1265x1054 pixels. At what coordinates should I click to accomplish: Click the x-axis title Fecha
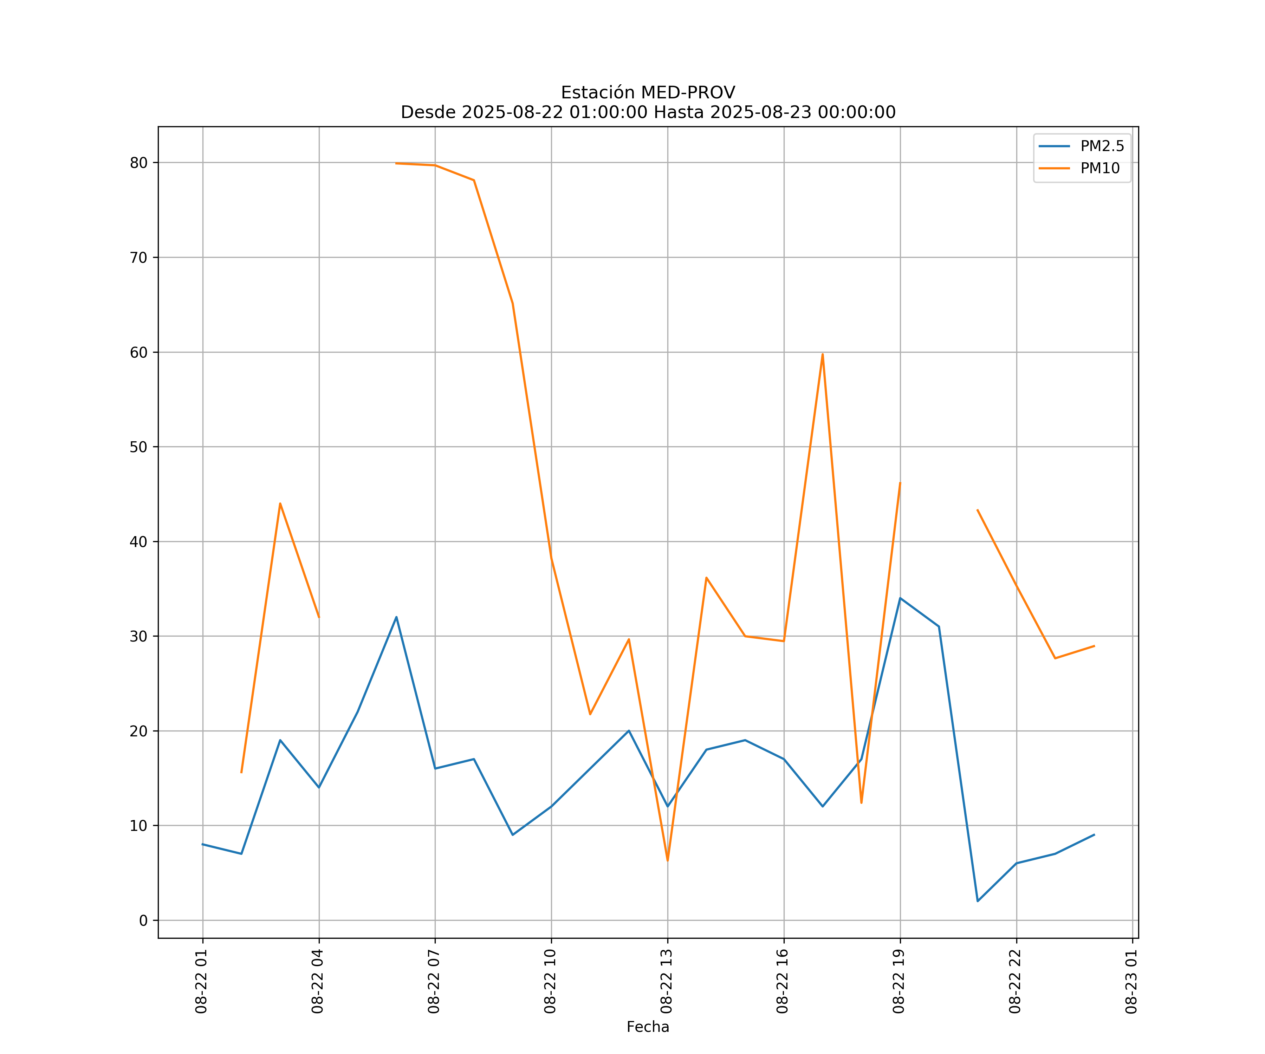(648, 1027)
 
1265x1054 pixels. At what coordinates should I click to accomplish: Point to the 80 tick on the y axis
(138, 163)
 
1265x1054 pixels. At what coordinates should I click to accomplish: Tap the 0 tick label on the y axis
(143, 920)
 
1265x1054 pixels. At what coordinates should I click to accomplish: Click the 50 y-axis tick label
(138, 447)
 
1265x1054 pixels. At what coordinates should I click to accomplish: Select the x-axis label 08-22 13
(666, 982)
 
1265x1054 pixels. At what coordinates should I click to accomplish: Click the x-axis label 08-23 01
(1131, 982)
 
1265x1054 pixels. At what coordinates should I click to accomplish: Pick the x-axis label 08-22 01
(202, 982)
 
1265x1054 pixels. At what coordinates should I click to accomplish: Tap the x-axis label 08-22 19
(899, 982)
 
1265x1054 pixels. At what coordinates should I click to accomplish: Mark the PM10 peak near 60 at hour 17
(822, 354)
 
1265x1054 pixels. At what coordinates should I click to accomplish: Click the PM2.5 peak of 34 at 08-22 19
(900, 598)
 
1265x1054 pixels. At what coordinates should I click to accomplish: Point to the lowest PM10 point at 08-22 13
(667, 860)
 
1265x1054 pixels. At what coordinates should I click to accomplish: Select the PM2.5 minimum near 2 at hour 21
(978, 901)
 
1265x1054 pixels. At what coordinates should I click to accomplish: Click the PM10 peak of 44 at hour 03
(280, 503)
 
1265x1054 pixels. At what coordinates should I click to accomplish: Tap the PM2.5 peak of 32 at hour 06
(396, 617)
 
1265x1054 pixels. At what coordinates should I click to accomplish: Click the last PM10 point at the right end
(1094, 646)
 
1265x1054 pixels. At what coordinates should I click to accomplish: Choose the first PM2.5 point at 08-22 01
(203, 844)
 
